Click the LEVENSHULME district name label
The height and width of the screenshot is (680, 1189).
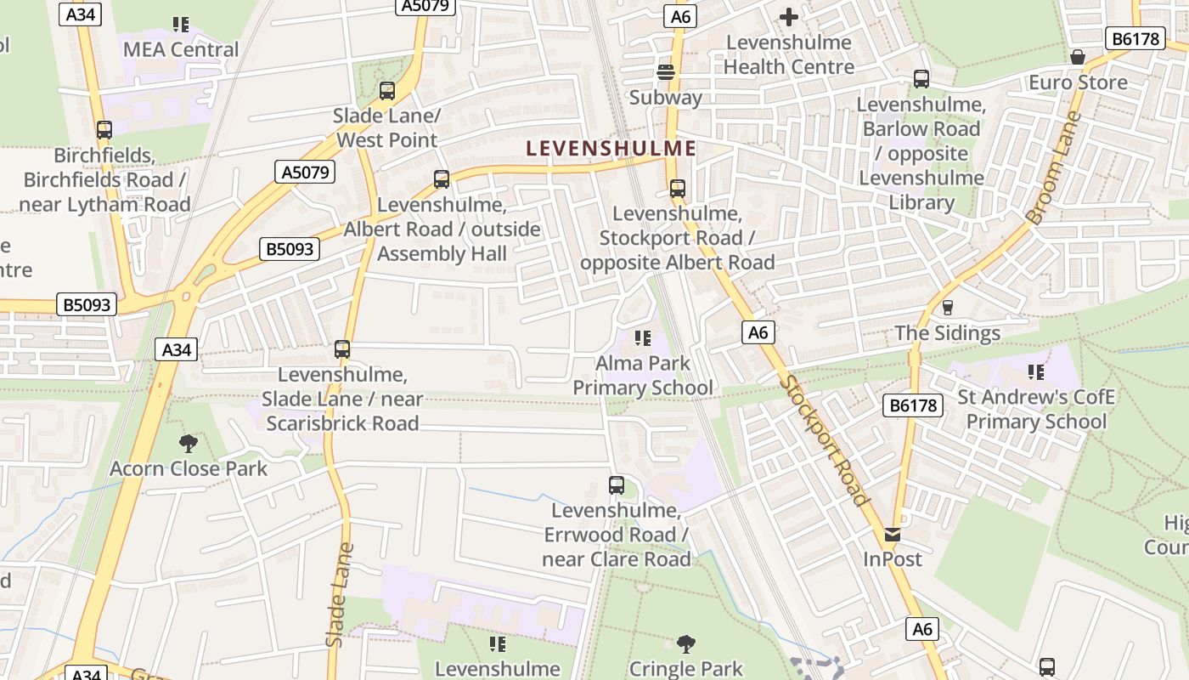click(611, 148)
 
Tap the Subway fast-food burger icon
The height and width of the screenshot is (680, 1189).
click(666, 72)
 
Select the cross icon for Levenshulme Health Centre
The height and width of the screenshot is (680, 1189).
click(789, 16)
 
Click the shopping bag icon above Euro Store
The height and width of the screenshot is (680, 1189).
click(1078, 57)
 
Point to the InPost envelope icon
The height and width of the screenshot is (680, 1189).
click(893, 535)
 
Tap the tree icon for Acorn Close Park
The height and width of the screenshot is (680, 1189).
click(189, 443)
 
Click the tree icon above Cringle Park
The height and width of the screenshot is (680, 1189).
click(686, 643)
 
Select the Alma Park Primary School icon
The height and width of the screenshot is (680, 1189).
click(643, 338)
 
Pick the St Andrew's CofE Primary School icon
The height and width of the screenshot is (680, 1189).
click(1036, 371)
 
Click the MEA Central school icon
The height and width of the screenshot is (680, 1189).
click(180, 24)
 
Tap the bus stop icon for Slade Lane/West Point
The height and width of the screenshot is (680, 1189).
click(387, 90)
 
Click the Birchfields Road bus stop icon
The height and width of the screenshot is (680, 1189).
click(104, 130)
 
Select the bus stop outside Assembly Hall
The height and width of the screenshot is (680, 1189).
click(442, 179)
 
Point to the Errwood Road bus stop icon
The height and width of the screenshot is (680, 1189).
click(617, 485)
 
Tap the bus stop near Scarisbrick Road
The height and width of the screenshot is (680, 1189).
click(342, 348)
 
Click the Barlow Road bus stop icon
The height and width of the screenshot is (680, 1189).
click(921, 79)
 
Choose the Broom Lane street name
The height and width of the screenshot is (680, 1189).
click(1054, 167)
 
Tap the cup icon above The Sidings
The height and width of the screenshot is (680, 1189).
click(948, 307)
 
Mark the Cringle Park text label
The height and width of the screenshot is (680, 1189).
click(686, 669)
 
